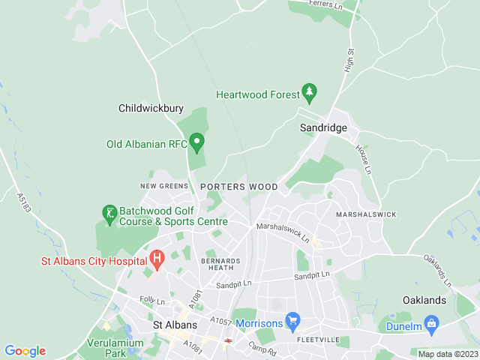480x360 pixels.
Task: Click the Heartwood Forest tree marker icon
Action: click(309, 93)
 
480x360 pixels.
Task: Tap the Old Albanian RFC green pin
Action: click(197, 141)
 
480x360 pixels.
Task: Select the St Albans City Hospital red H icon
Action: click(157, 259)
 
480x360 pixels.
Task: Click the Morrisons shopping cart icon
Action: click(292, 321)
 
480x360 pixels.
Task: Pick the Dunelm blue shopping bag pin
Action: click(431, 324)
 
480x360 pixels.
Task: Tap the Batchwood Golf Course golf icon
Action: click(110, 215)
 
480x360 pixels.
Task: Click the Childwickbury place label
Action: click(151, 108)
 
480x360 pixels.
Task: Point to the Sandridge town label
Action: click(323, 128)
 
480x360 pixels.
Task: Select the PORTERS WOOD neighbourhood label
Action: click(238, 187)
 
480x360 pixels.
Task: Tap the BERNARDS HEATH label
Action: click(221, 263)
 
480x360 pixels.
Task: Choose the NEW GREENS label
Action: click(163, 185)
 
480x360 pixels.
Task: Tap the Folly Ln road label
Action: click(151, 301)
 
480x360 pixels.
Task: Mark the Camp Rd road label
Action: click(262, 349)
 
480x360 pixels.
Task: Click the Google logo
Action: click(25, 351)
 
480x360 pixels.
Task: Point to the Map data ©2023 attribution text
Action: click(447, 354)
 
